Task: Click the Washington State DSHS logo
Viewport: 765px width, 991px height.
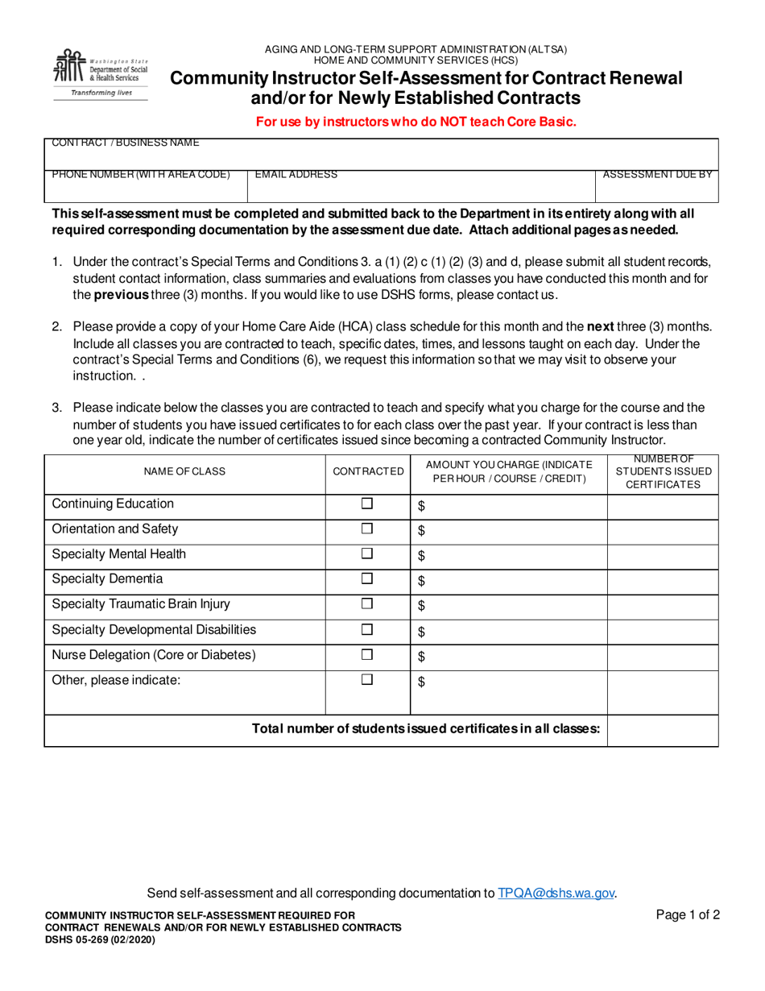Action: [101, 73]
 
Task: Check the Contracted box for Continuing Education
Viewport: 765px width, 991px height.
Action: [367, 504]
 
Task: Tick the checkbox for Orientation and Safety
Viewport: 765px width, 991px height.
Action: [367, 529]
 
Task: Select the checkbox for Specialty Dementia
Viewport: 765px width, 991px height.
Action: [367, 579]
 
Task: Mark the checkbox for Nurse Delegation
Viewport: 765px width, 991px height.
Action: [367, 655]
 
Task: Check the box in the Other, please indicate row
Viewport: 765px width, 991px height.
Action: [367, 680]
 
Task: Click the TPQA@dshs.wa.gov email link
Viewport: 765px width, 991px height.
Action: [556, 893]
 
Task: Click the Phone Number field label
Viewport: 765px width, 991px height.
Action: [141, 174]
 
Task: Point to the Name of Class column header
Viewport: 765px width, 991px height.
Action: [184, 471]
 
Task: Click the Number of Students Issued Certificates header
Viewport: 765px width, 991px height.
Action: [663, 471]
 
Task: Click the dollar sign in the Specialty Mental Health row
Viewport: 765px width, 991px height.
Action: [421, 555]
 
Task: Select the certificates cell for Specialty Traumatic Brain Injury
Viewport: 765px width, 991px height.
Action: [663, 605]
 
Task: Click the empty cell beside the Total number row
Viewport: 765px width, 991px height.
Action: [663, 730]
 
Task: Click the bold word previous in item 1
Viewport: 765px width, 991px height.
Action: [121, 295]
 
